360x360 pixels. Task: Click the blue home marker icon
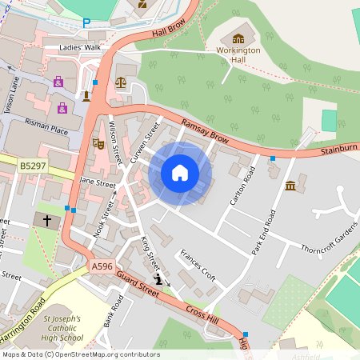pyautogui.click(x=180, y=173)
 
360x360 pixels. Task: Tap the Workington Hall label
pyautogui.click(x=238, y=54)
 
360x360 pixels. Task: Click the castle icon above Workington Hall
pyautogui.click(x=238, y=38)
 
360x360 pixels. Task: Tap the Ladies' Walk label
pyautogui.click(x=81, y=48)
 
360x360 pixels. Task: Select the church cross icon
pyautogui.click(x=46, y=219)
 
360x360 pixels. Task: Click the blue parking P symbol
pyautogui.click(x=86, y=23)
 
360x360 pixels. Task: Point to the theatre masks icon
pyautogui.click(x=98, y=143)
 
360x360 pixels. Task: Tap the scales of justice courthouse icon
pyautogui.click(x=121, y=81)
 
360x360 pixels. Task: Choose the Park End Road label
pyautogui.click(x=265, y=231)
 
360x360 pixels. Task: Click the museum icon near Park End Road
pyautogui.click(x=290, y=186)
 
